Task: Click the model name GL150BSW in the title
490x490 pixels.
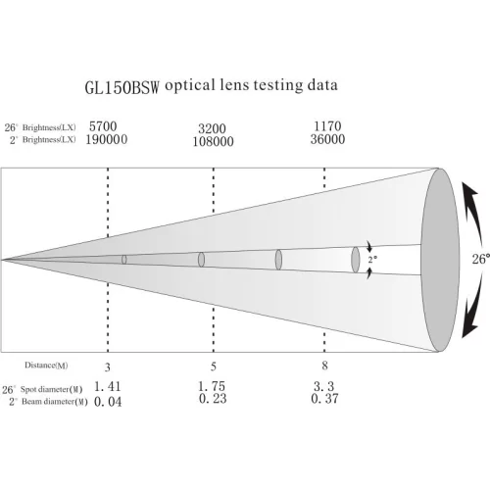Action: coord(122,87)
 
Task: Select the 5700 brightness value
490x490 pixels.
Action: coord(103,126)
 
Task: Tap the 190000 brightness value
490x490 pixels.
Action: coord(107,139)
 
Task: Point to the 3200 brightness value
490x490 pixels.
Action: coord(212,128)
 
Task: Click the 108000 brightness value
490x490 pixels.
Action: coord(213,141)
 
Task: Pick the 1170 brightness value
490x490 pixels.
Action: coord(327,126)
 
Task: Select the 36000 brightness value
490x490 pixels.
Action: coord(327,139)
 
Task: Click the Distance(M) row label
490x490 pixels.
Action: coord(46,366)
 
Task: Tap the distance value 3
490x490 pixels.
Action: coord(108,367)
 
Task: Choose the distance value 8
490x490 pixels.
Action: coord(324,366)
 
